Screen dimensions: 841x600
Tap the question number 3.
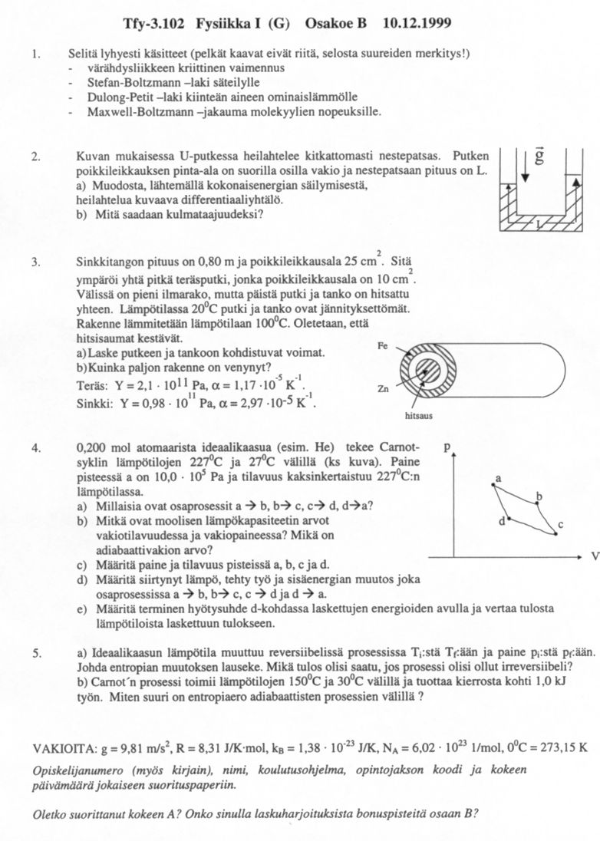[x=35, y=262]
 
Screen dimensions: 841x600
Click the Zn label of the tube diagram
[x=384, y=389]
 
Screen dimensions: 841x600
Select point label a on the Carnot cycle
[x=498, y=477]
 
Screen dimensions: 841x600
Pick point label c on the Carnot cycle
[x=561, y=524]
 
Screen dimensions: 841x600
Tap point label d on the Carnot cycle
[x=503, y=520]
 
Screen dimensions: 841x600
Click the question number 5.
[x=35, y=652]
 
